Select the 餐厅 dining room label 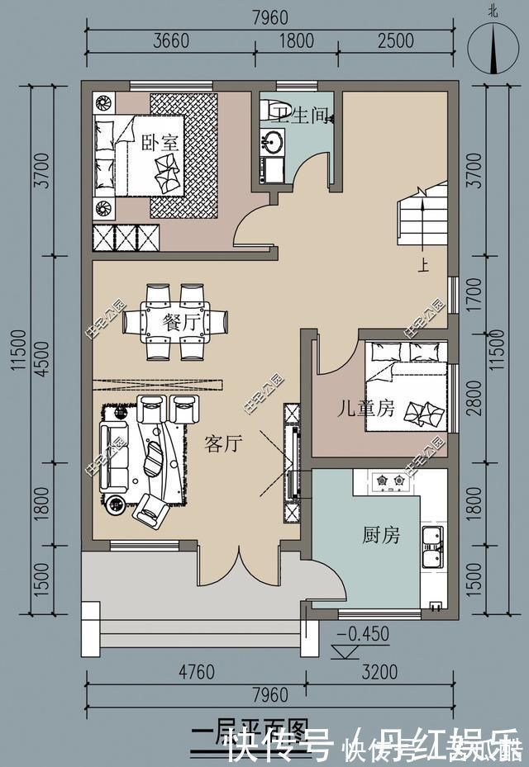[182, 323]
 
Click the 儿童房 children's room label [365, 409]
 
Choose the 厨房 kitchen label [380, 535]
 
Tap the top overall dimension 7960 [270, 16]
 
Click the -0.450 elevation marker [362, 634]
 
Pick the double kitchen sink [432, 547]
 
